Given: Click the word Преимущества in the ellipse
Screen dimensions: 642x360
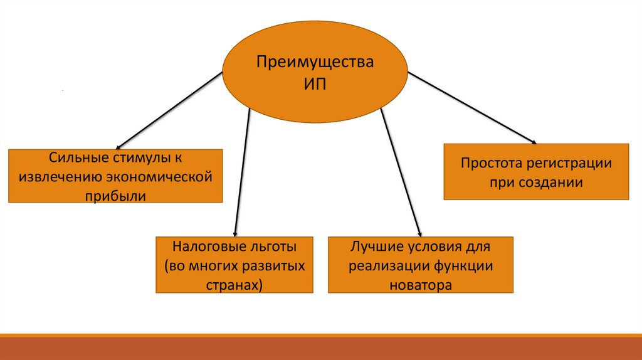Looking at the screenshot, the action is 317,63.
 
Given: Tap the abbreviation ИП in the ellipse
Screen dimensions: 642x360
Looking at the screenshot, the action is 317,84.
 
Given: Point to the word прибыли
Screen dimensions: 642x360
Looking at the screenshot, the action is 115,196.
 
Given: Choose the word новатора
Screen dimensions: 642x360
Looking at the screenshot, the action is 420,285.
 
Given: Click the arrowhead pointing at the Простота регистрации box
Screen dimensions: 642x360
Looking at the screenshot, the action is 534,141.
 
